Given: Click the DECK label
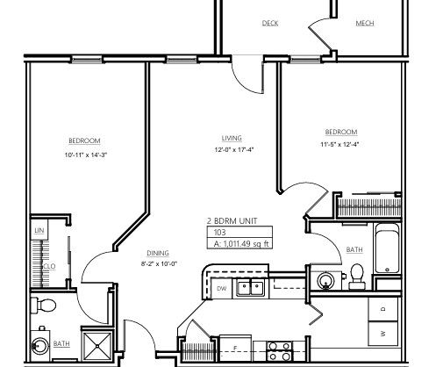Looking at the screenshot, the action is point(270,23).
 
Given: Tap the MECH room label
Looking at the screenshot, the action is point(365,23).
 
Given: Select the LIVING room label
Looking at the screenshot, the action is point(232,138).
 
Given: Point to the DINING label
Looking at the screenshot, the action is point(158,253).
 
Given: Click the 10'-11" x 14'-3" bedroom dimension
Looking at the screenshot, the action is point(86,155).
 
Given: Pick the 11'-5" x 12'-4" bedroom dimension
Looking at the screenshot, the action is point(339,144).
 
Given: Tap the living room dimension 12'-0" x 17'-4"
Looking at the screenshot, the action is point(234,150).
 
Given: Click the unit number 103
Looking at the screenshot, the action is point(220,233).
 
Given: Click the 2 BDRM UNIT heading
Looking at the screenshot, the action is point(232,221).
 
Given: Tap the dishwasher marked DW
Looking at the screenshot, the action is point(222,288).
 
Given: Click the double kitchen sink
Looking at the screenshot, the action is point(250,288).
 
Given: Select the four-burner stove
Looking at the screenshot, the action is point(280,351).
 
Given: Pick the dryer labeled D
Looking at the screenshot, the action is point(383,309).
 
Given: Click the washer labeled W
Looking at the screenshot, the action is point(383,334).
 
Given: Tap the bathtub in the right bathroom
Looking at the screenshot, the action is point(387,248).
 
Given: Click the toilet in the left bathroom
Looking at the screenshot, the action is point(43,306).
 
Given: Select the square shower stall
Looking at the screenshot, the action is point(97,346).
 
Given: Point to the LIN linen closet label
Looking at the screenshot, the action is point(39,230).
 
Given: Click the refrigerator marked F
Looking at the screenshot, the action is point(235,349).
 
